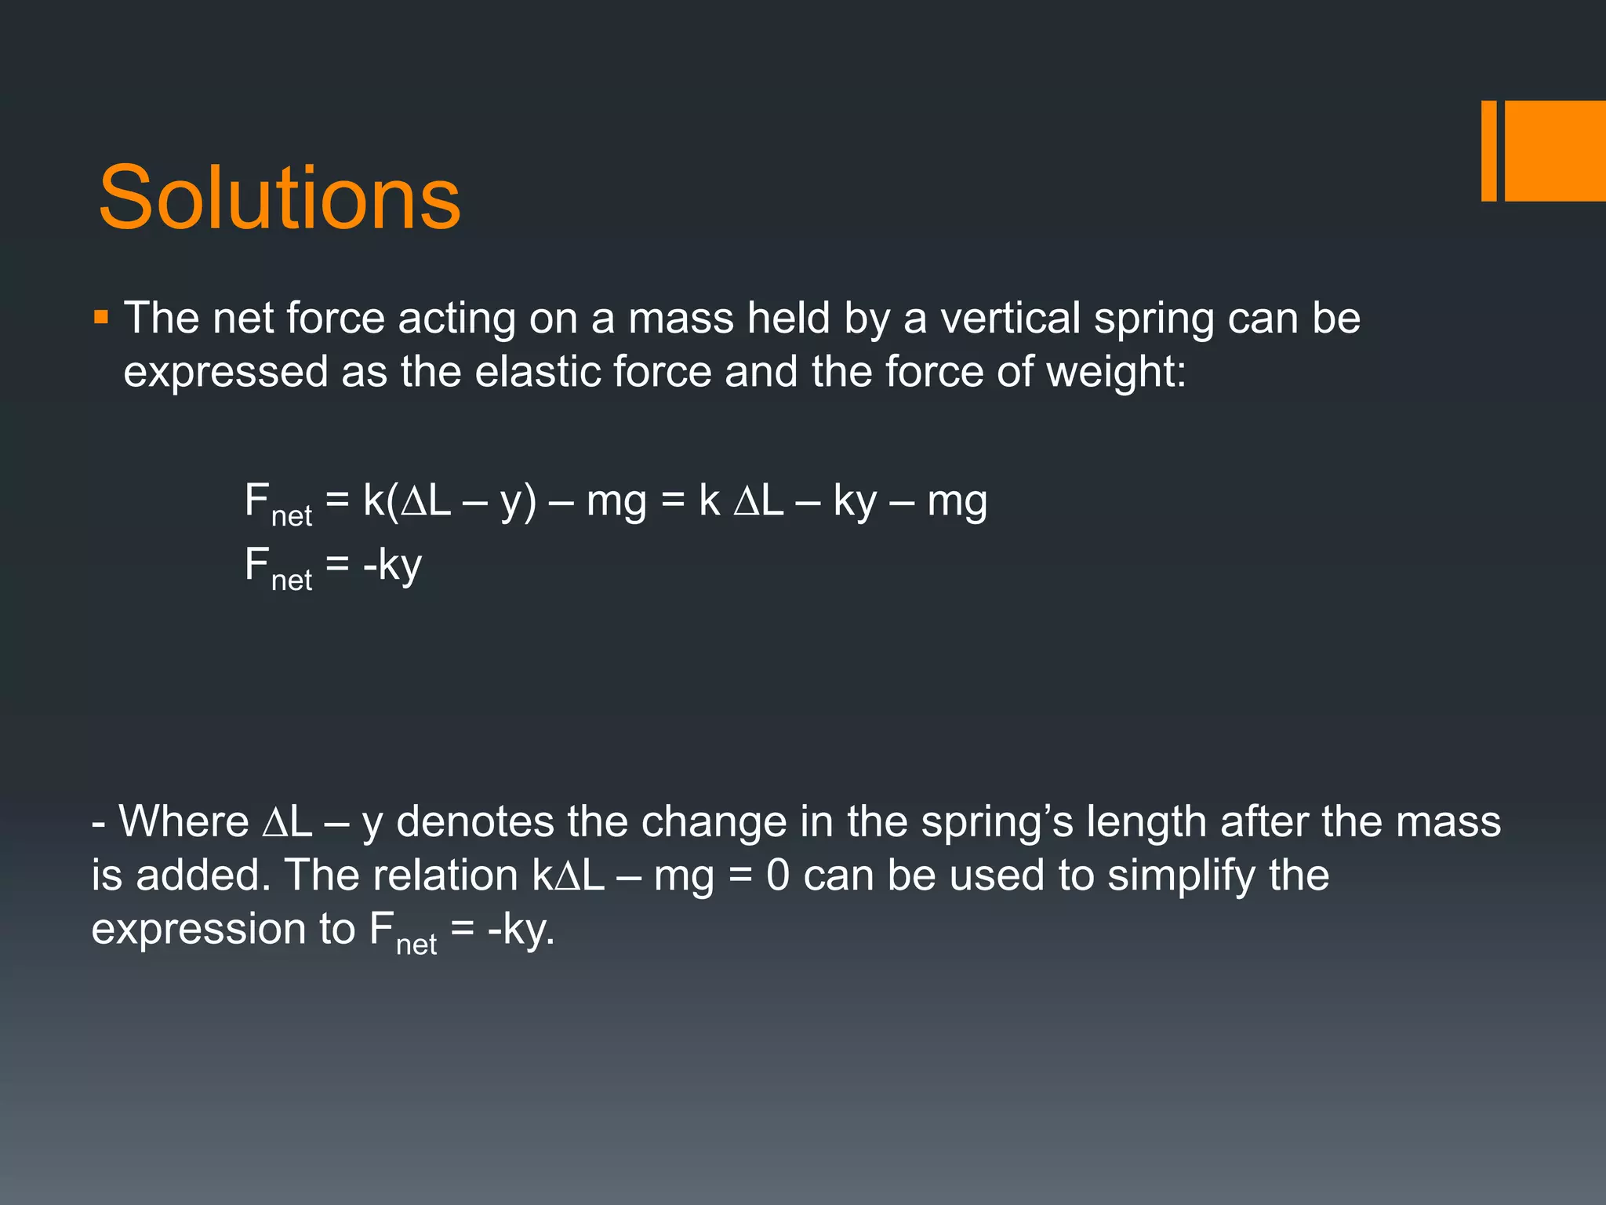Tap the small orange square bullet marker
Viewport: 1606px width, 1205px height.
coord(100,318)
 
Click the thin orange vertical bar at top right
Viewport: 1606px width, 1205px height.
coord(1488,151)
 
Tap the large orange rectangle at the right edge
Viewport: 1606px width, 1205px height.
coord(1555,151)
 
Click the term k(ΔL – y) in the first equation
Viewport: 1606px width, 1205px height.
coord(449,501)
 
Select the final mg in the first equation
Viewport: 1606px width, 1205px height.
coord(957,501)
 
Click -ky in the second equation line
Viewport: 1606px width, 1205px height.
coord(392,565)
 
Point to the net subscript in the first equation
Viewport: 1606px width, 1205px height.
coord(292,516)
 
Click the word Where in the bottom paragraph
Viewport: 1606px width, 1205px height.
coord(183,821)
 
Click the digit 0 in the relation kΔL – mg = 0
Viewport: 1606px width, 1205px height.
coord(777,876)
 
